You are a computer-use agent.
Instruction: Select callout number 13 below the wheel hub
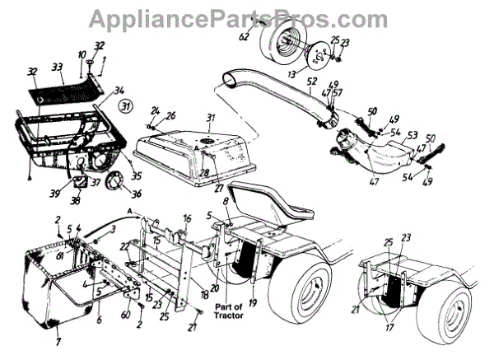[291, 74]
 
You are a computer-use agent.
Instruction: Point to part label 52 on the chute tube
[311, 82]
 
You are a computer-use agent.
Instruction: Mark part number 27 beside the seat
[218, 188]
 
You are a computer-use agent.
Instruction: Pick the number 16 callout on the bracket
[188, 219]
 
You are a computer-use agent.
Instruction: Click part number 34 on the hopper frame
[119, 90]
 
